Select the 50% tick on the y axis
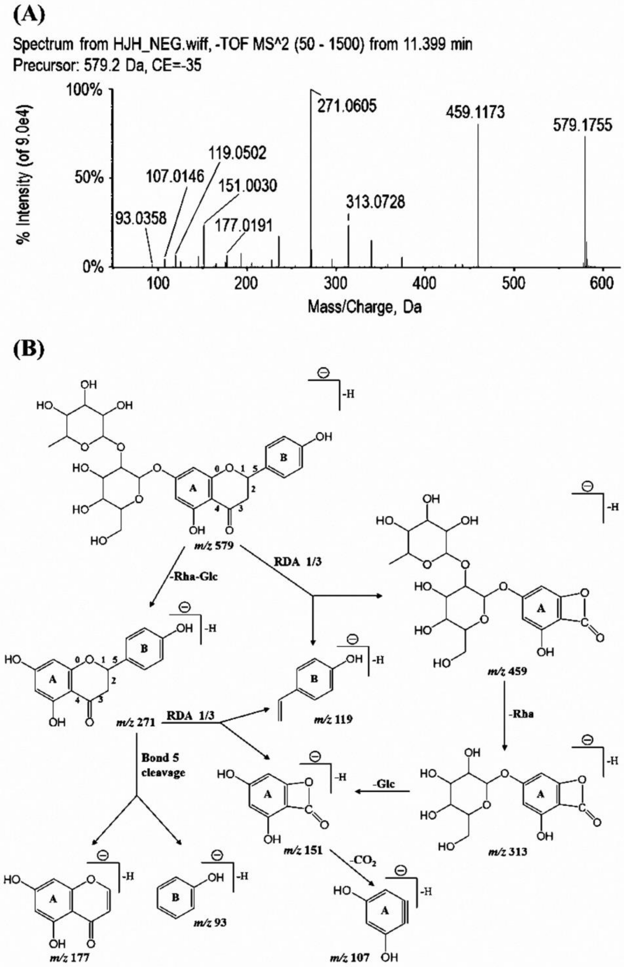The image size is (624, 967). click(x=89, y=178)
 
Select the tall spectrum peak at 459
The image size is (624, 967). click(x=478, y=194)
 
